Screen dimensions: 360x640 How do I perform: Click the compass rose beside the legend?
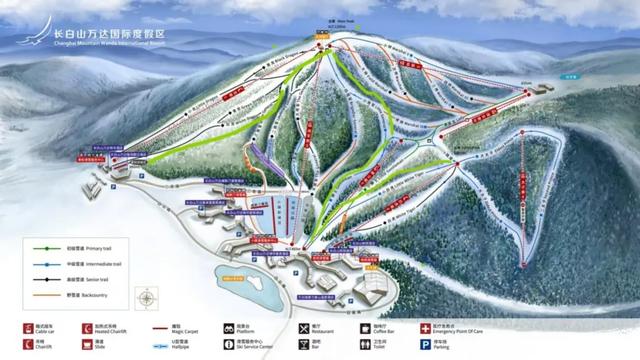click(x=146, y=297)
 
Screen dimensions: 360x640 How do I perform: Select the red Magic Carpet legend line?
click(x=159, y=327)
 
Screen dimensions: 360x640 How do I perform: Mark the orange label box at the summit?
click(x=322, y=47)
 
